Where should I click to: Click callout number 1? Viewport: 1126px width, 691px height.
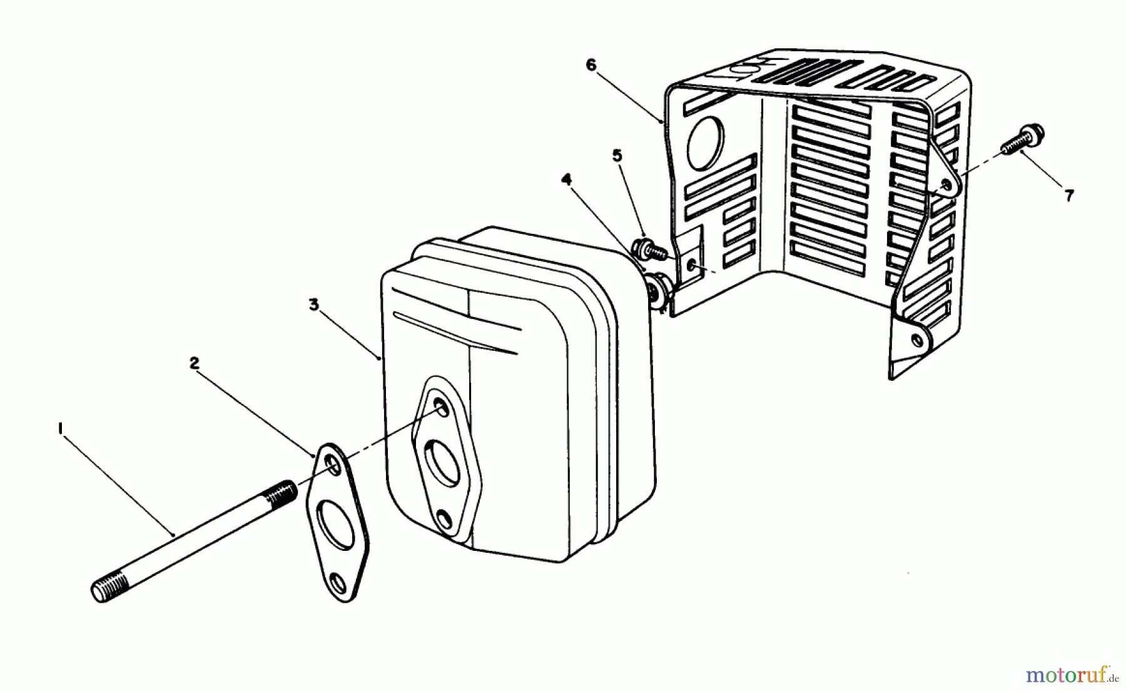tap(60, 429)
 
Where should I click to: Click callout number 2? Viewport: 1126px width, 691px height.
tap(195, 363)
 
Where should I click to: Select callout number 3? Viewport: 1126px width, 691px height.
tap(313, 305)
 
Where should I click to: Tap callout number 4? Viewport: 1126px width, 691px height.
tap(566, 180)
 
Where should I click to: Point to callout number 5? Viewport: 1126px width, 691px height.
tap(618, 156)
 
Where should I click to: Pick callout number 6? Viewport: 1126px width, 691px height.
tap(591, 65)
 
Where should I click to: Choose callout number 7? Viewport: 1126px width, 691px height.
tap(1069, 196)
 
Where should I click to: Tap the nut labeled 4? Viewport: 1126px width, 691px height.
tap(659, 290)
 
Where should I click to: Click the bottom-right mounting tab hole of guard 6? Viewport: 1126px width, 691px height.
tap(917, 340)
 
